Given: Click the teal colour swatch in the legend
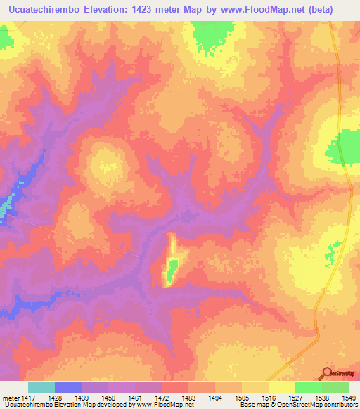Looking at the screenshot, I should tap(41, 387).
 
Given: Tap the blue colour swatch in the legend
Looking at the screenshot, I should tap(68, 387).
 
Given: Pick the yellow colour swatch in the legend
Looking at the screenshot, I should tap(281, 387).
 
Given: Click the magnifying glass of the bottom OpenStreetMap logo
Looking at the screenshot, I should tap(328, 372).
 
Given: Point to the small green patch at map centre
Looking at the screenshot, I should tap(172, 266).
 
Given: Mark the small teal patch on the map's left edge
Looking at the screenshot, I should tap(5, 206).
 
